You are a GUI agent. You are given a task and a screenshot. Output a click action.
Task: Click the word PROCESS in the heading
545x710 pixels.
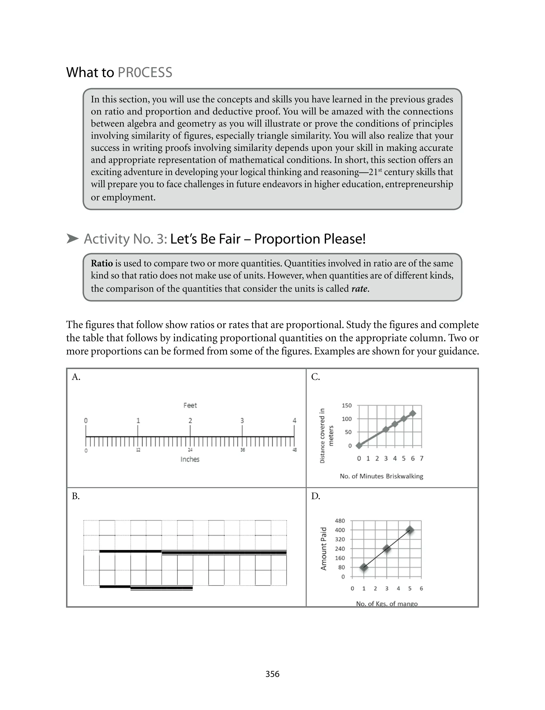pos(145,72)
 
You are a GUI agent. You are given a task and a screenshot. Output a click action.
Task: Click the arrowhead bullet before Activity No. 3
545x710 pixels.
pos(72,239)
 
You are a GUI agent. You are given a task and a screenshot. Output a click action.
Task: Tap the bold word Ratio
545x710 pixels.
pos(102,263)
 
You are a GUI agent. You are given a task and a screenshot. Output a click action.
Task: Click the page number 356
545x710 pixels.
pos(272,674)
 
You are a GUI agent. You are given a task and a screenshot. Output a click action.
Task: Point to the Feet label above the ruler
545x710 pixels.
pos(190,405)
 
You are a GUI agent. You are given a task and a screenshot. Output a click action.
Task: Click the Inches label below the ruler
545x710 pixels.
pos(190,459)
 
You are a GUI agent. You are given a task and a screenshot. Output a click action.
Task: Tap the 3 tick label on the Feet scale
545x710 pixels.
pos(242,421)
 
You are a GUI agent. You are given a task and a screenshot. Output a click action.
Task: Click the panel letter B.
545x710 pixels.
pos(76,496)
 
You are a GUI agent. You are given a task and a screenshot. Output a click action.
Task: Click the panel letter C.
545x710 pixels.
pos(315,377)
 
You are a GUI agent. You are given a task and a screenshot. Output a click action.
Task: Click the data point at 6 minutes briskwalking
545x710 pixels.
pos(413,413)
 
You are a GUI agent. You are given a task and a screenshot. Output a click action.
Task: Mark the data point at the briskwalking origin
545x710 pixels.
pos(359,446)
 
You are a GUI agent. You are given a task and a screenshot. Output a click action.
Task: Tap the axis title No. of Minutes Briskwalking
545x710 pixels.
pos(382,476)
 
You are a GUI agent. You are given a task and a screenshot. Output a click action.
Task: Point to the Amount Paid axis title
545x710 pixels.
pos(323,549)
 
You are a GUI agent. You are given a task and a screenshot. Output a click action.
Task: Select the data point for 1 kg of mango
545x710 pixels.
pos(364,567)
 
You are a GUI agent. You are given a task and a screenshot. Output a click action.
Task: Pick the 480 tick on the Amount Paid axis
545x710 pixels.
pos(340,521)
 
